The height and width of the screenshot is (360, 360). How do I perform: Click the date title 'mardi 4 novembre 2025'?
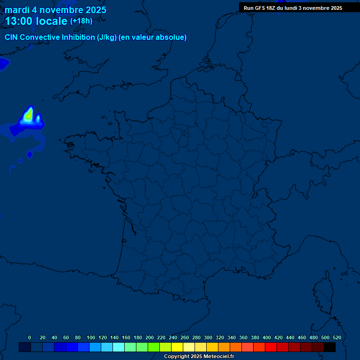(55, 10)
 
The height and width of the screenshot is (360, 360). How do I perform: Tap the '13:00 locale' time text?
(36, 21)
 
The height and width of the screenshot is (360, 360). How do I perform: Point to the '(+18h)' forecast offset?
(81, 21)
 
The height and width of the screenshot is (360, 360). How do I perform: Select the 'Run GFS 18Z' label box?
(292, 8)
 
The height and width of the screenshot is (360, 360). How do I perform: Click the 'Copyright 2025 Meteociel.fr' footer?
(199, 356)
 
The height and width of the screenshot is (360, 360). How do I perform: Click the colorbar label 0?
(30, 337)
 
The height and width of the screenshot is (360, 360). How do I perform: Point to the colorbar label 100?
(91, 337)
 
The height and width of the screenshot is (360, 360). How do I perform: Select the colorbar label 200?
(150, 337)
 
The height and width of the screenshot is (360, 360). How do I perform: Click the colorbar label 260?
(185, 337)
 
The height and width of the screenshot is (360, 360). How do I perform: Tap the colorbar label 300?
(208, 337)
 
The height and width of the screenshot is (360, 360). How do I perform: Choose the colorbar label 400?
(267, 337)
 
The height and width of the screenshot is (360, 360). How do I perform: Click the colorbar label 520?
(337, 337)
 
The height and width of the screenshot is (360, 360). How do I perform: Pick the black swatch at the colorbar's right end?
(330, 347)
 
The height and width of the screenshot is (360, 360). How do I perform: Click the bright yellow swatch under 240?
(177, 347)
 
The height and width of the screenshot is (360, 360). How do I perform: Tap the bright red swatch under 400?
(271, 347)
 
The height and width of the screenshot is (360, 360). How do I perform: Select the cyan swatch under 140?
(119, 347)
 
